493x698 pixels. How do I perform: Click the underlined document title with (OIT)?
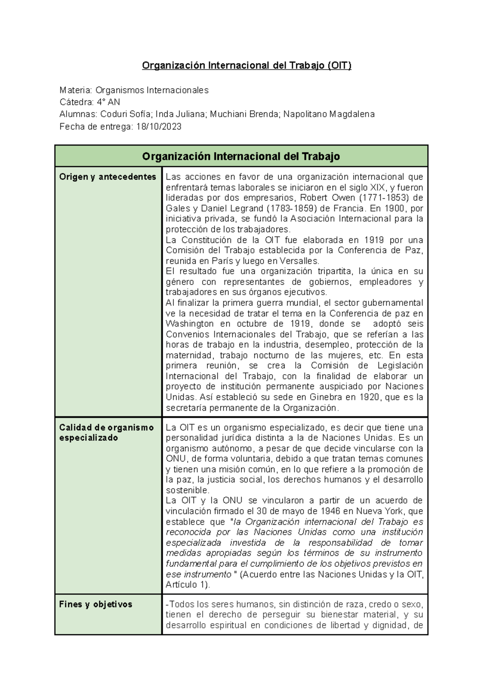point(246,66)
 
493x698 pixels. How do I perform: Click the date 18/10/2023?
point(159,127)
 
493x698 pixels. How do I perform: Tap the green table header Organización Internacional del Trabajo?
point(241,157)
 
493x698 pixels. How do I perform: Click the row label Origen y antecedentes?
point(108,177)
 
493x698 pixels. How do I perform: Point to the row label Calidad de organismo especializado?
point(106,432)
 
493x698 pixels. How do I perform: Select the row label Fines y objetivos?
point(95,604)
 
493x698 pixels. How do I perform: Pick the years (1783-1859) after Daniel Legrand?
point(293,208)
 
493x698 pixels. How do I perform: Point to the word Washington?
point(189,324)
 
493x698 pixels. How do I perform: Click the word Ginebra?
point(326,397)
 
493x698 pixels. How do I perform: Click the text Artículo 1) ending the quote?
point(187,585)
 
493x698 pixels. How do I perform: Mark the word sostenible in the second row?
point(187,490)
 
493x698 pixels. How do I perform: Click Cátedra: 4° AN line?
point(90,102)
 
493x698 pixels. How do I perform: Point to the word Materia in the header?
point(76,90)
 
